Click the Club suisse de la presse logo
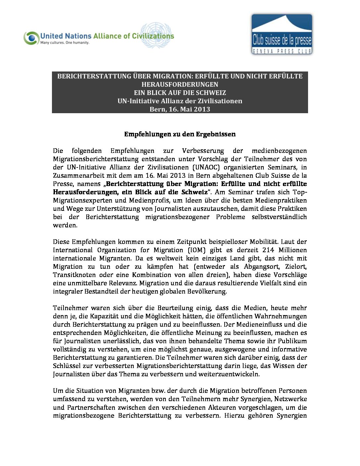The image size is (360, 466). point(282,34)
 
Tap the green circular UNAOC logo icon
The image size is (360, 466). point(31,38)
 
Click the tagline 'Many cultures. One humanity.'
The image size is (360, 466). point(65,43)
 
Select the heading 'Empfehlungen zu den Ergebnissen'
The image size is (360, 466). point(180,134)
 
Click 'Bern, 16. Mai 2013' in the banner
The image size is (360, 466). point(180,109)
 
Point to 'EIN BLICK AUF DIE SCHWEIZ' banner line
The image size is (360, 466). point(180,93)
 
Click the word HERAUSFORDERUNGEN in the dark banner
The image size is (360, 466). point(180,84)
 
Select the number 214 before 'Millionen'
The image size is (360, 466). point(268,250)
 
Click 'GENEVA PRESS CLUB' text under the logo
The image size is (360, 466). point(282,51)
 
